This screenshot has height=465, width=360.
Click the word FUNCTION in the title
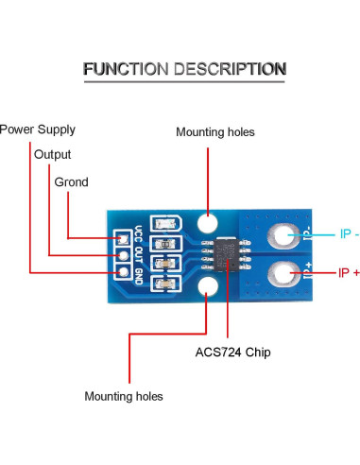coord(124,69)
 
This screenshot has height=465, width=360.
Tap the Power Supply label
coord(37,129)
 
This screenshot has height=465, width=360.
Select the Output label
coord(52,154)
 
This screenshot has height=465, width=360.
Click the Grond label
coord(71,181)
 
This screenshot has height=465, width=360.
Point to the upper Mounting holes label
coord(214,132)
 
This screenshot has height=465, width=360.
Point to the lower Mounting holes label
coord(124,396)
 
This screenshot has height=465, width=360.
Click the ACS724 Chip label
coord(232,353)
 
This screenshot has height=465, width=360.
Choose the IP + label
coord(349,272)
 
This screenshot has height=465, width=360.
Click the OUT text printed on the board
coord(138,255)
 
